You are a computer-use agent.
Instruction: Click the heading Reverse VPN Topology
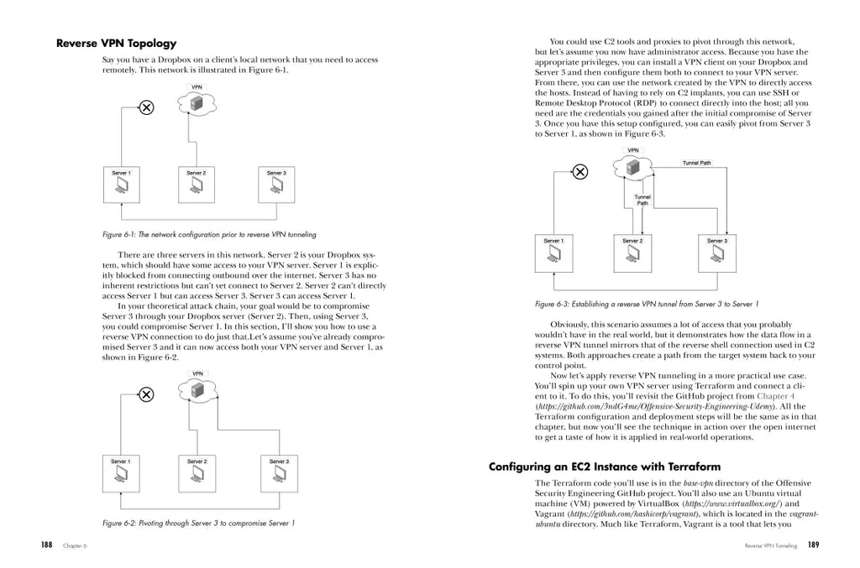coord(116,43)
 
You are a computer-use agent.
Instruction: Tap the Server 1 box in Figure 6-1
coord(122,185)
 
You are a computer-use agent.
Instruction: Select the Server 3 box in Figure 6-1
coord(276,185)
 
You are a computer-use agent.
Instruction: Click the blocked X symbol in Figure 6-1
coord(145,107)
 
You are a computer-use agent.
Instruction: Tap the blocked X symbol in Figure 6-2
coord(145,394)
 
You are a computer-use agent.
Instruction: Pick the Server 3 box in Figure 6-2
coord(279,474)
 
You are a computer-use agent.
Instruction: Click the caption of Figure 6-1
coord(208,234)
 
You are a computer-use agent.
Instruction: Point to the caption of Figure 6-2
coord(198,523)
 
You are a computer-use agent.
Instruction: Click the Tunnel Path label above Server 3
coord(696,163)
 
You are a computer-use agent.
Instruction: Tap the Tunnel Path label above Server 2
coord(642,200)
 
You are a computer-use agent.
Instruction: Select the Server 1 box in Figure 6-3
coord(554,254)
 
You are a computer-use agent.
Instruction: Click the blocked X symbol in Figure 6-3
coord(580,173)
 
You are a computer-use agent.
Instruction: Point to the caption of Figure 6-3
coord(646,304)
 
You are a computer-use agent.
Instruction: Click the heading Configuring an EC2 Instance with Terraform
coord(605,466)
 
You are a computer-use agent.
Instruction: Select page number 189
coord(813,545)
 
